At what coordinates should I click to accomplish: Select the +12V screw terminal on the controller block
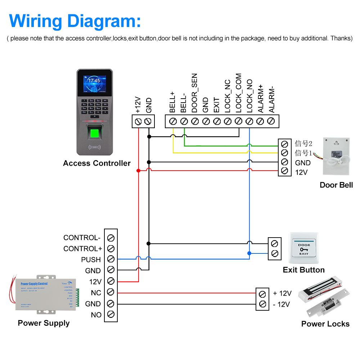point(138,121)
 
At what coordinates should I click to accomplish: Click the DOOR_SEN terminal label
point(195,93)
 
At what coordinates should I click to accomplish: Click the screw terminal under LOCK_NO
point(249,121)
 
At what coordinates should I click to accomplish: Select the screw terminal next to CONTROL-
point(111,238)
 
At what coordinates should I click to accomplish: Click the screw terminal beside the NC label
point(111,292)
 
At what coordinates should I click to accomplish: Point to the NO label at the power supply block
point(96,315)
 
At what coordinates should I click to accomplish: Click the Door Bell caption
point(336,185)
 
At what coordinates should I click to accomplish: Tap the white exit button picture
point(303,248)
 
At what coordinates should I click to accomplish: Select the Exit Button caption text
point(303,270)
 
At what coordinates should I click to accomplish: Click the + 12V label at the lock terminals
point(282,293)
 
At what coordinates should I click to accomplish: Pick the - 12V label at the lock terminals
point(281,305)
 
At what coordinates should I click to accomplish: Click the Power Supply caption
point(44,323)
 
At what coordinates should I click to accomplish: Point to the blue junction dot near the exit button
point(249,253)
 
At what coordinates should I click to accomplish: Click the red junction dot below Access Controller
point(138,170)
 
